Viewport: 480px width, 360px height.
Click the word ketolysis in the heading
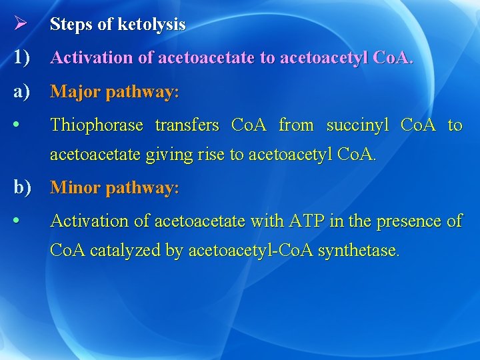pyautogui.click(x=152, y=25)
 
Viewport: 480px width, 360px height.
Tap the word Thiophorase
pyautogui.click(x=97, y=125)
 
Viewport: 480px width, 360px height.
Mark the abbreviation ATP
pyautogui.click(x=305, y=220)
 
